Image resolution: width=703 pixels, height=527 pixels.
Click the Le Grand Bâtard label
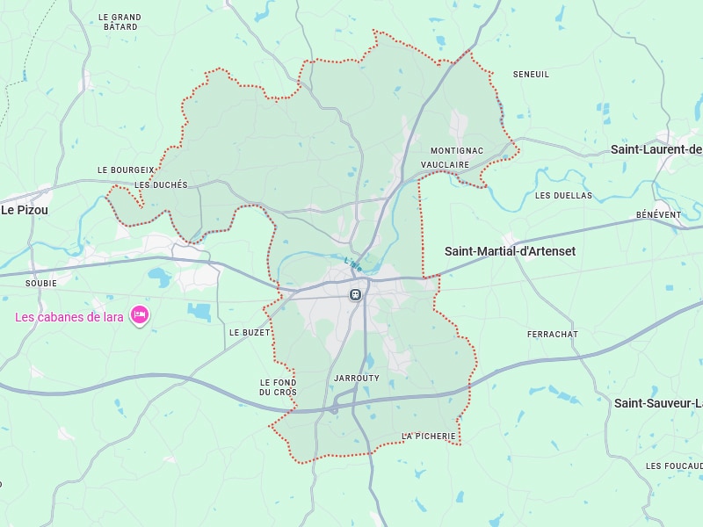click(x=120, y=22)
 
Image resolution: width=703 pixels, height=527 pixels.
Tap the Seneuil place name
click(x=531, y=75)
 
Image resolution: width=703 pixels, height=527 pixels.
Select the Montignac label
click(x=456, y=151)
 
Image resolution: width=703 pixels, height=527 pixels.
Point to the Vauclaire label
click(x=445, y=165)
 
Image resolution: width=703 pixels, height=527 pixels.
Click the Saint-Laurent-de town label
click(x=656, y=150)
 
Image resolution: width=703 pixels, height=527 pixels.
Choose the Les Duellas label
click(x=563, y=195)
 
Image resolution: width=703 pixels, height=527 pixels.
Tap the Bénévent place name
click(x=658, y=215)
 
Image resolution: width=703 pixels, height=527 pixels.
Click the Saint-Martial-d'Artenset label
click(x=510, y=251)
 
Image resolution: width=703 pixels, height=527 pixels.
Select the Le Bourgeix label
click(x=126, y=170)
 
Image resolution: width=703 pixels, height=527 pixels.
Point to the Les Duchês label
click(x=161, y=185)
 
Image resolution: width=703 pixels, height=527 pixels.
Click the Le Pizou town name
click(x=25, y=211)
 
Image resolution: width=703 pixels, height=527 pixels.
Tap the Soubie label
click(x=41, y=283)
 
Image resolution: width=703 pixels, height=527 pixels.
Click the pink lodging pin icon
click(x=139, y=314)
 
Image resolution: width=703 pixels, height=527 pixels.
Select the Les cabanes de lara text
click(x=69, y=317)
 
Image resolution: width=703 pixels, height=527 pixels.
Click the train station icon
click(x=355, y=295)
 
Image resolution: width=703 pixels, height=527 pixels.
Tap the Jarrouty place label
click(x=357, y=379)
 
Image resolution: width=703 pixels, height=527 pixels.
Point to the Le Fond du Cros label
click(x=278, y=386)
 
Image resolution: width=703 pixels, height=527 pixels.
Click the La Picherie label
click(x=429, y=437)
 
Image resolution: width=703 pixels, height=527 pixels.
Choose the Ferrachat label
click(x=552, y=335)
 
